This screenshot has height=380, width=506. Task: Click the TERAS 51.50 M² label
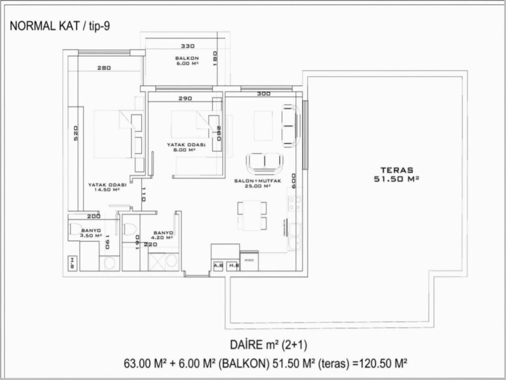point(396,175)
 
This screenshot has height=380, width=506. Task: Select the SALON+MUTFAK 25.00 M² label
point(257,183)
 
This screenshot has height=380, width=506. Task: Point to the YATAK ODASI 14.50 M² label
point(107,187)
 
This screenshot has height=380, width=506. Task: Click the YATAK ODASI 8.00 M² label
point(186,147)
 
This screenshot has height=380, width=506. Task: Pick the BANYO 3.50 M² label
point(91,233)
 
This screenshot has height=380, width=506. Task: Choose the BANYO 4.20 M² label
point(163,235)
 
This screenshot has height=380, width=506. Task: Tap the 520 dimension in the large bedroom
point(76,133)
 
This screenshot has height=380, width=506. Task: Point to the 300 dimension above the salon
point(264,93)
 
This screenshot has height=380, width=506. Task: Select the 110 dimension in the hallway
point(144,194)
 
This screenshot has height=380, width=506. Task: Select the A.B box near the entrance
point(218,266)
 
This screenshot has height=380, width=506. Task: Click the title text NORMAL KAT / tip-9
point(60,26)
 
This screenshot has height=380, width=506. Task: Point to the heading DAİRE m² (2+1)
point(268,345)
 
